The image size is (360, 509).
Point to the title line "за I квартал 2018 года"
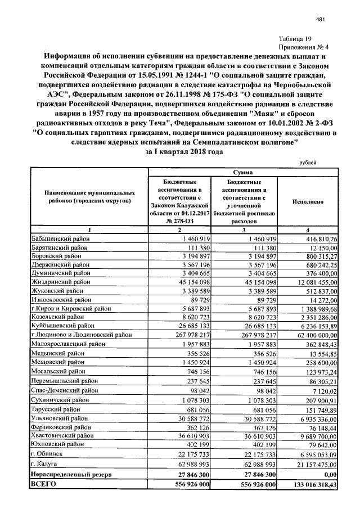tap(181, 152)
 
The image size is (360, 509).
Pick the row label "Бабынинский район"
tap(61, 240)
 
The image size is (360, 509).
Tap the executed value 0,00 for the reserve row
tap(329, 475)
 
